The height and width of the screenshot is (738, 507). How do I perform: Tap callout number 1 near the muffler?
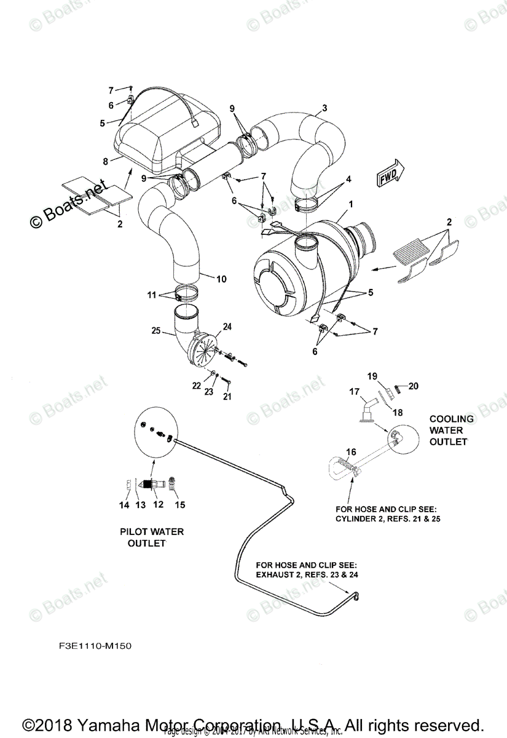[x=350, y=204]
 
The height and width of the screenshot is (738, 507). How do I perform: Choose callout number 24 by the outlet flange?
[x=227, y=326]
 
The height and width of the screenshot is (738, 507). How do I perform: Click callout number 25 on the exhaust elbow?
[x=156, y=331]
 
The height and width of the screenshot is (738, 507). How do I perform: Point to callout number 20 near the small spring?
[x=413, y=386]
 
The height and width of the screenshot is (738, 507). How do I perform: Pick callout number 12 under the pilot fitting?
[x=158, y=505]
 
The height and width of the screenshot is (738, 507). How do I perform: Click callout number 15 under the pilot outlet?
[x=179, y=505]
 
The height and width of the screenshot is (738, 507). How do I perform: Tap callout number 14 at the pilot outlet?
[x=124, y=505]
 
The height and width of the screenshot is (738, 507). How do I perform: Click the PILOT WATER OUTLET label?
[x=151, y=538]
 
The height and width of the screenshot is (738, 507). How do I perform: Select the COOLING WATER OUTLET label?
[x=451, y=430]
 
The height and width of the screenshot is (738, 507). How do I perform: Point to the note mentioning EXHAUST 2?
[x=306, y=570]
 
